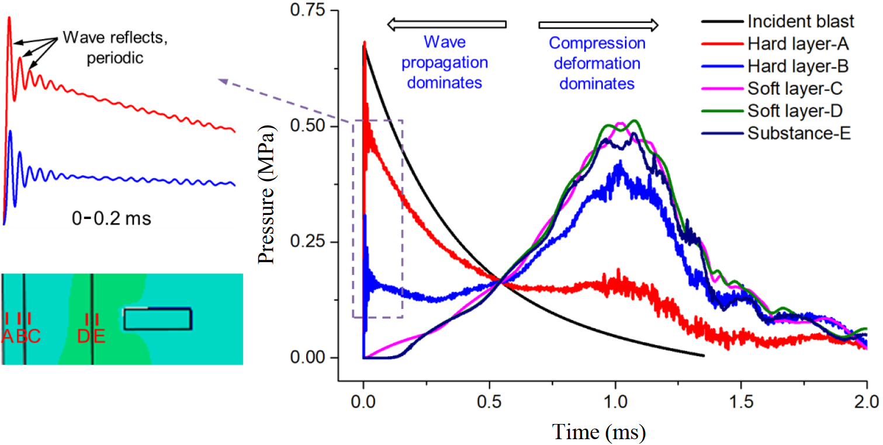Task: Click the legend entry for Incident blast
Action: coord(800,22)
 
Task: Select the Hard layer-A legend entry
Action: coord(798,44)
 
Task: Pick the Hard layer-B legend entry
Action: coord(798,67)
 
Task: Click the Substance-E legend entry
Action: coord(798,133)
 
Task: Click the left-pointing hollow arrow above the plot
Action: coord(446,24)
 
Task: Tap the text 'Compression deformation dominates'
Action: coord(597,63)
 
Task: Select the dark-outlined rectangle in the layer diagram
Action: coord(158,319)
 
